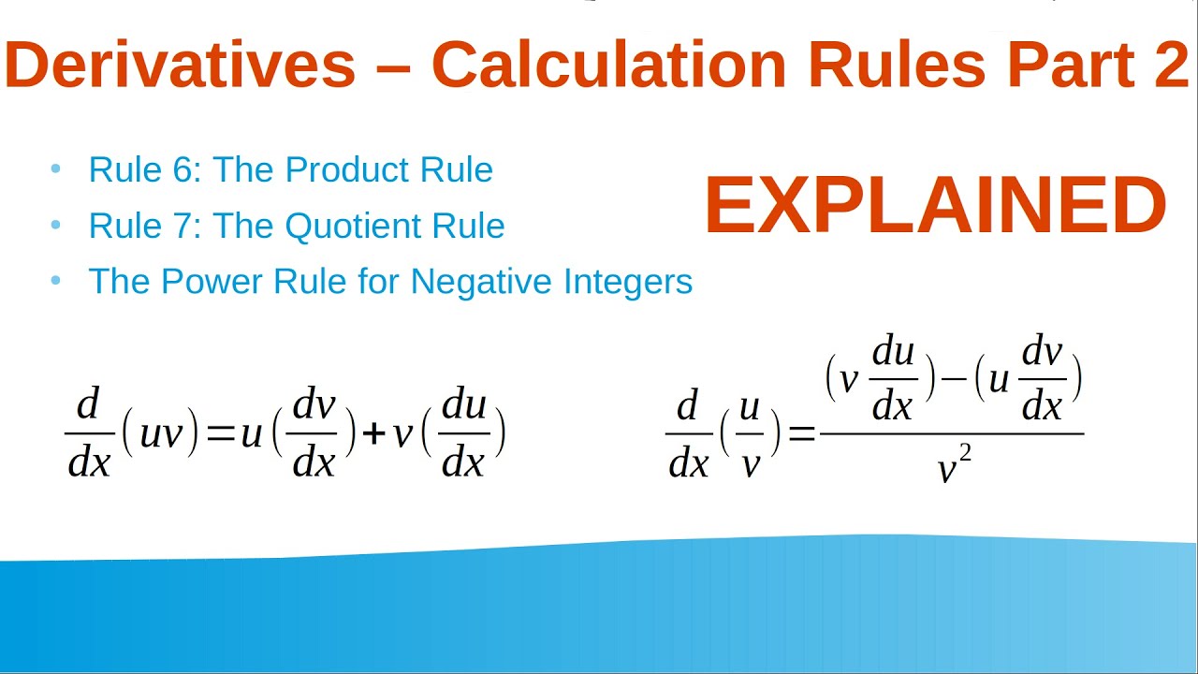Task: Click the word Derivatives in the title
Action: [x=180, y=66]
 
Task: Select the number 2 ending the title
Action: [x=1170, y=66]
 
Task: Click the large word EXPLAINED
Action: [x=935, y=206]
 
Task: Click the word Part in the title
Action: [x=1063, y=66]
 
